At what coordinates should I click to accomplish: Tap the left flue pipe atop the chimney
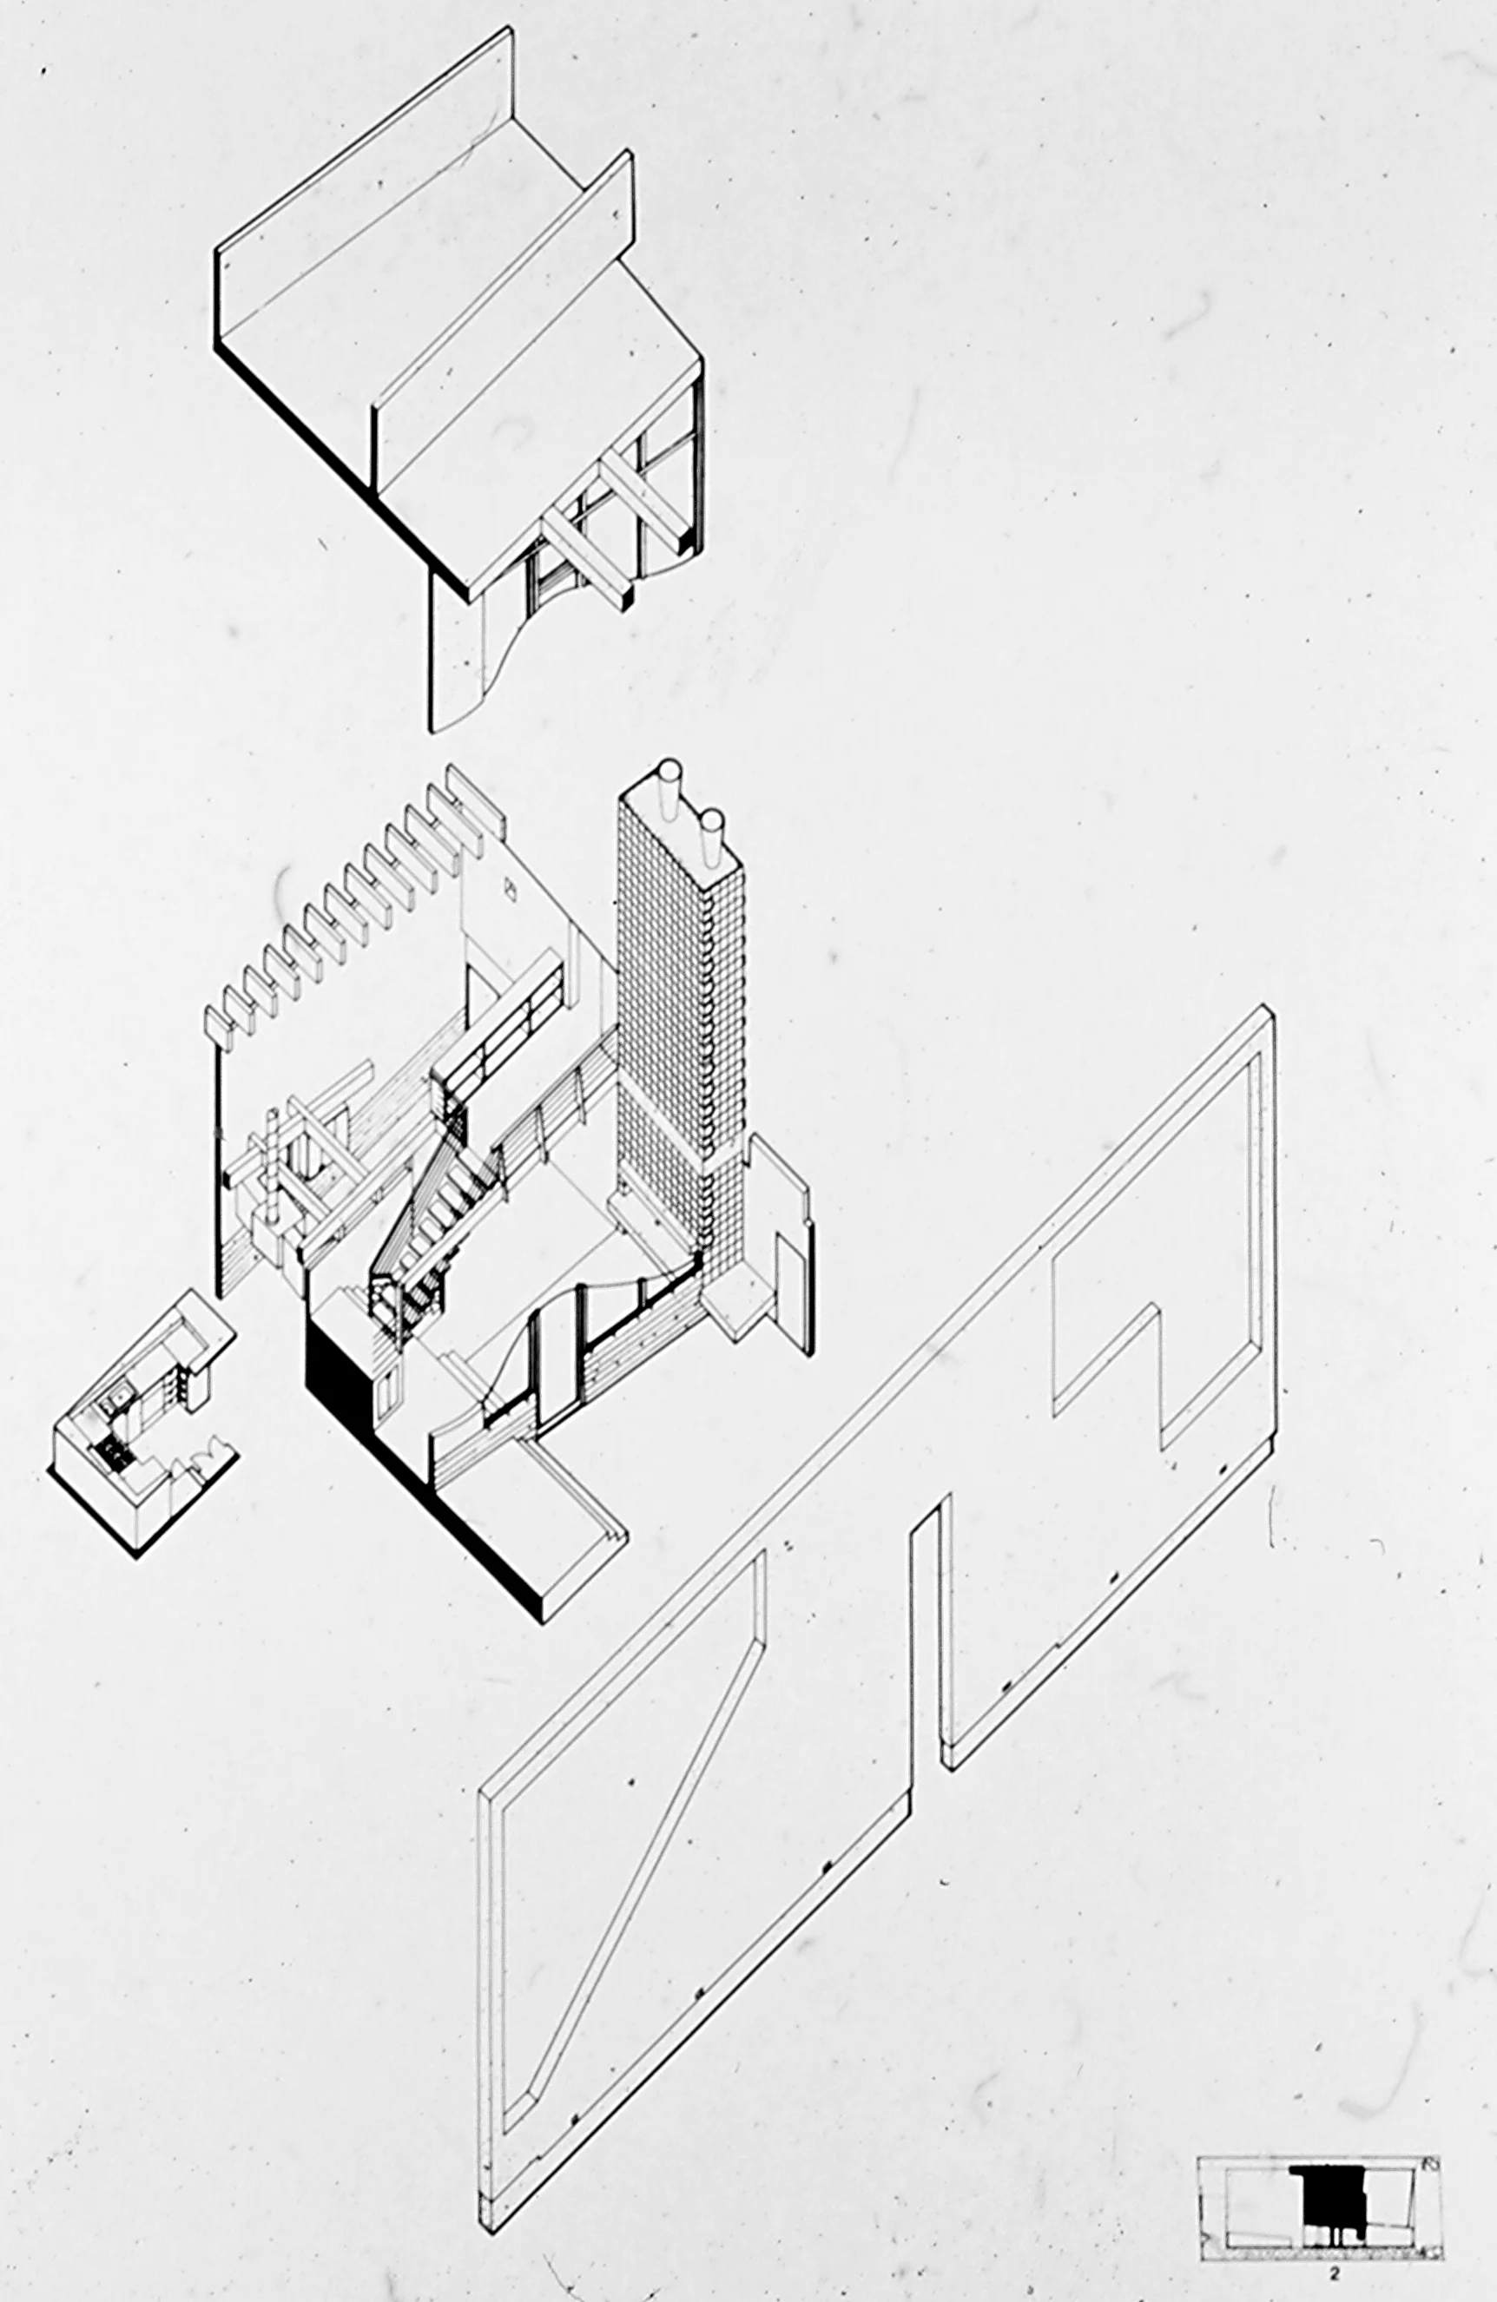pyautogui.click(x=669, y=778)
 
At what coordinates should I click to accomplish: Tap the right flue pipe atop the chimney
pyautogui.click(x=712, y=828)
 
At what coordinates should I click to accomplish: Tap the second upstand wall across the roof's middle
pyautogui.click(x=503, y=319)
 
